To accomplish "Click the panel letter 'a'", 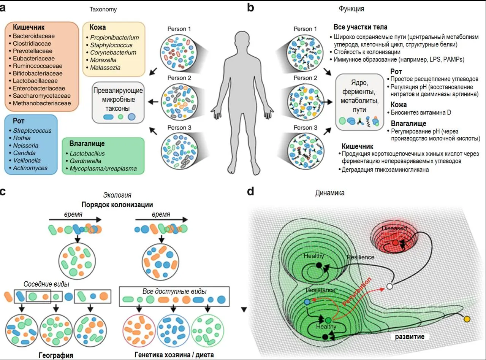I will tap(3, 8).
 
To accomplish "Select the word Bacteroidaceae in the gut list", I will tap(34, 36).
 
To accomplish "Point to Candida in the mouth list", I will tap(23, 153).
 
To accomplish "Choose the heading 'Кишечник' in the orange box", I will tap(29, 27).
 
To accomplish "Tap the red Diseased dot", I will tap(395, 243).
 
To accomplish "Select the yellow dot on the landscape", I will tap(467, 319).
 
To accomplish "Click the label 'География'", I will tap(56, 355).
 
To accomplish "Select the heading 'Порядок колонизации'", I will tap(117, 205).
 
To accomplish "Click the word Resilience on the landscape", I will tap(360, 257).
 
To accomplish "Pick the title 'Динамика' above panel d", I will tap(330, 193).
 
